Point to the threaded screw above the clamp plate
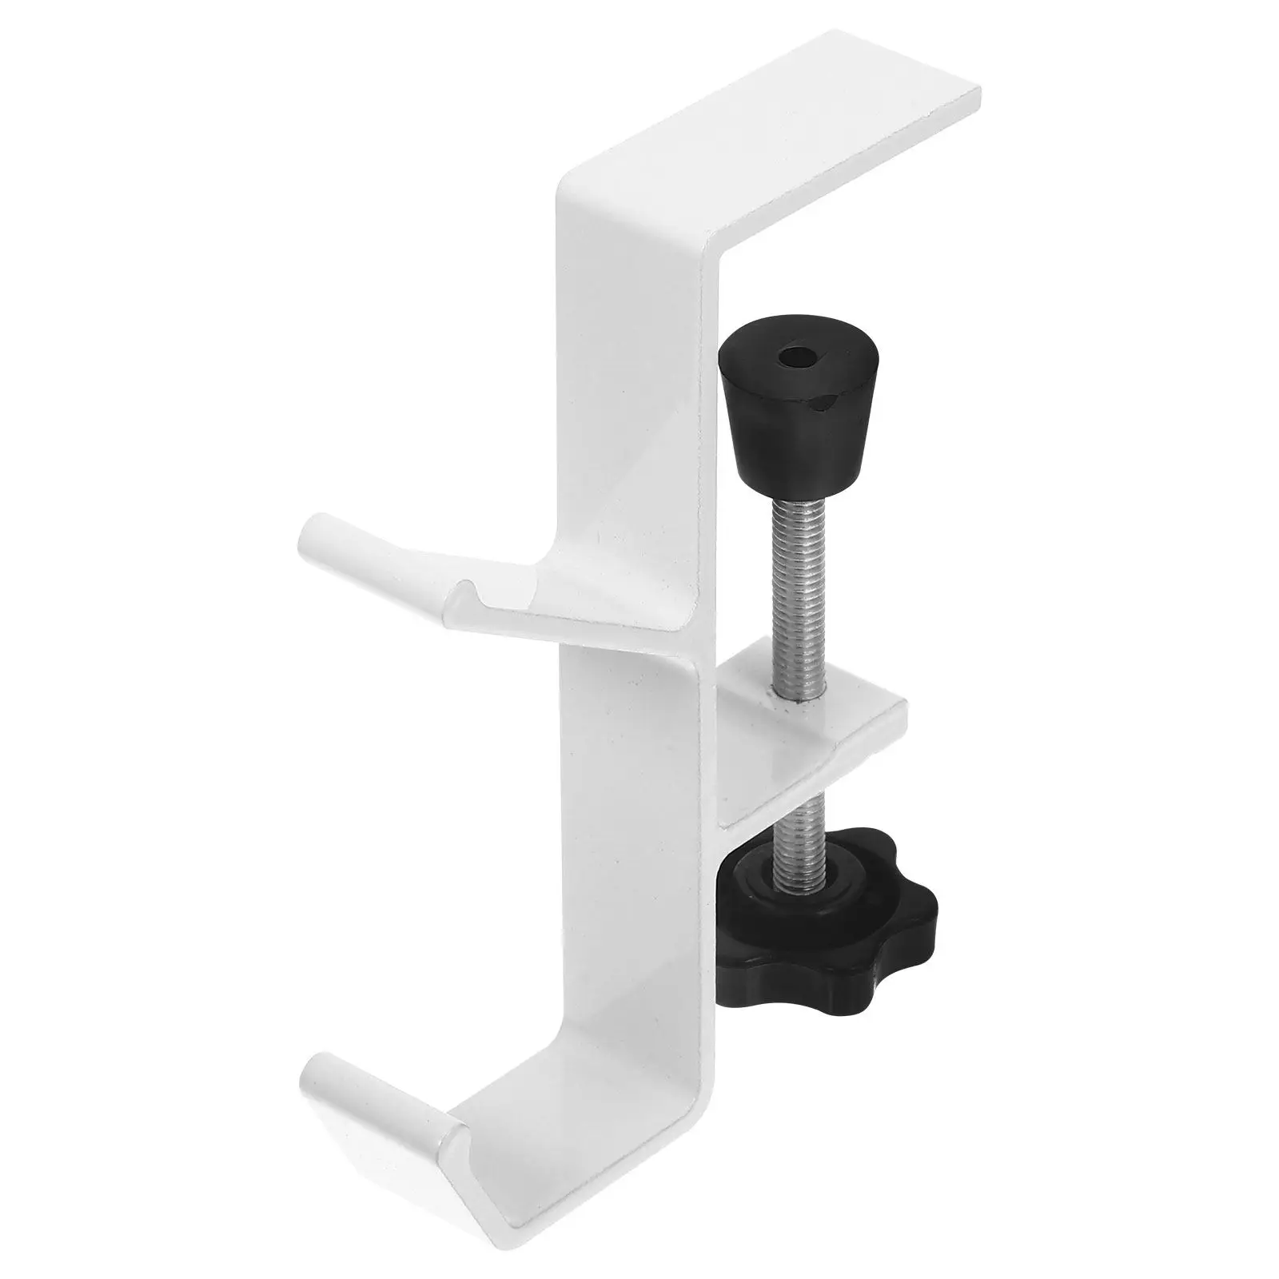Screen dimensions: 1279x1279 pyautogui.click(x=796, y=592)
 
